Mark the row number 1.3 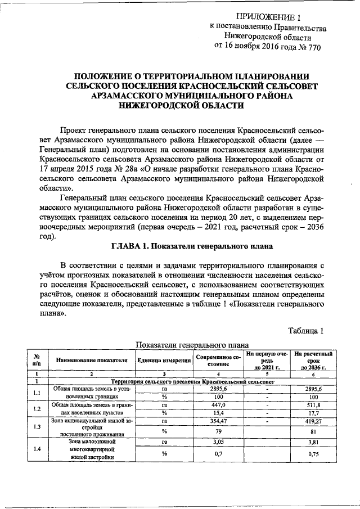(37, 427)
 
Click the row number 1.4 (37, 449)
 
